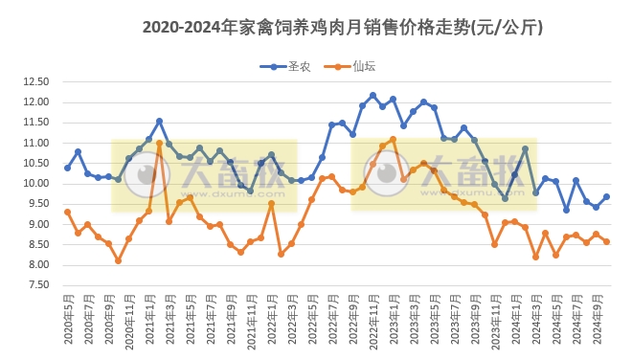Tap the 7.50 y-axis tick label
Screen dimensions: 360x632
tap(35, 285)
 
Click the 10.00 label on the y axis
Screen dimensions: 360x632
tap(35, 184)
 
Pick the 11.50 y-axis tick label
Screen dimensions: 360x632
tap(35, 123)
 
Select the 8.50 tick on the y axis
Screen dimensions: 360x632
tap(35, 245)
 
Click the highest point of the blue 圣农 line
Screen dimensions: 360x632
tap(372, 96)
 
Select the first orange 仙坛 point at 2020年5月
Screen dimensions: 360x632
tap(67, 212)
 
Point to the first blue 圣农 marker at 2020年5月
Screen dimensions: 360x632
tap(67, 168)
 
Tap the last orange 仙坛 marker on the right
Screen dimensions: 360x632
tap(606, 241)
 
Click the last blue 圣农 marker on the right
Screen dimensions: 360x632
tap(606, 197)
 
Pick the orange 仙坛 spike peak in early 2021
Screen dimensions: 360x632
tap(159, 144)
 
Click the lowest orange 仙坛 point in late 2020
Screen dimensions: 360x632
tap(118, 260)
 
